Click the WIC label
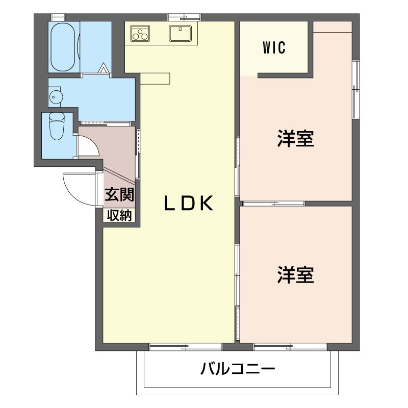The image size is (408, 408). (x=274, y=47)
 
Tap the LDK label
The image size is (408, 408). (x=189, y=203)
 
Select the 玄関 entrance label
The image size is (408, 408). (x=119, y=194)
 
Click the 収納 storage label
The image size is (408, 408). (x=119, y=215)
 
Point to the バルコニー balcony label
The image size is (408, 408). (x=238, y=369)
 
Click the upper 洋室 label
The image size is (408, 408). (x=296, y=138)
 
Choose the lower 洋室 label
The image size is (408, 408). (x=296, y=275)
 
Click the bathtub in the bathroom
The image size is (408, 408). (x=63, y=47)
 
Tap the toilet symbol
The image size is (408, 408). (x=57, y=126)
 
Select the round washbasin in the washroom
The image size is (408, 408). (x=56, y=97)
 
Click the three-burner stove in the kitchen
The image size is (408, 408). (x=140, y=33)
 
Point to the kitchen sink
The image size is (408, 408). (x=181, y=33)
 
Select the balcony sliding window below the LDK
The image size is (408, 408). (x=186, y=347)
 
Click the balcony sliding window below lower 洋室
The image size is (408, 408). (x=290, y=347)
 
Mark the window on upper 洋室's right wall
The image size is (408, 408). (x=355, y=89)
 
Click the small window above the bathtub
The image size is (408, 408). (x=58, y=17)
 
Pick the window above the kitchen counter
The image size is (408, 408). (x=184, y=17)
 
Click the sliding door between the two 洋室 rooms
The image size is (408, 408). (x=273, y=203)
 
